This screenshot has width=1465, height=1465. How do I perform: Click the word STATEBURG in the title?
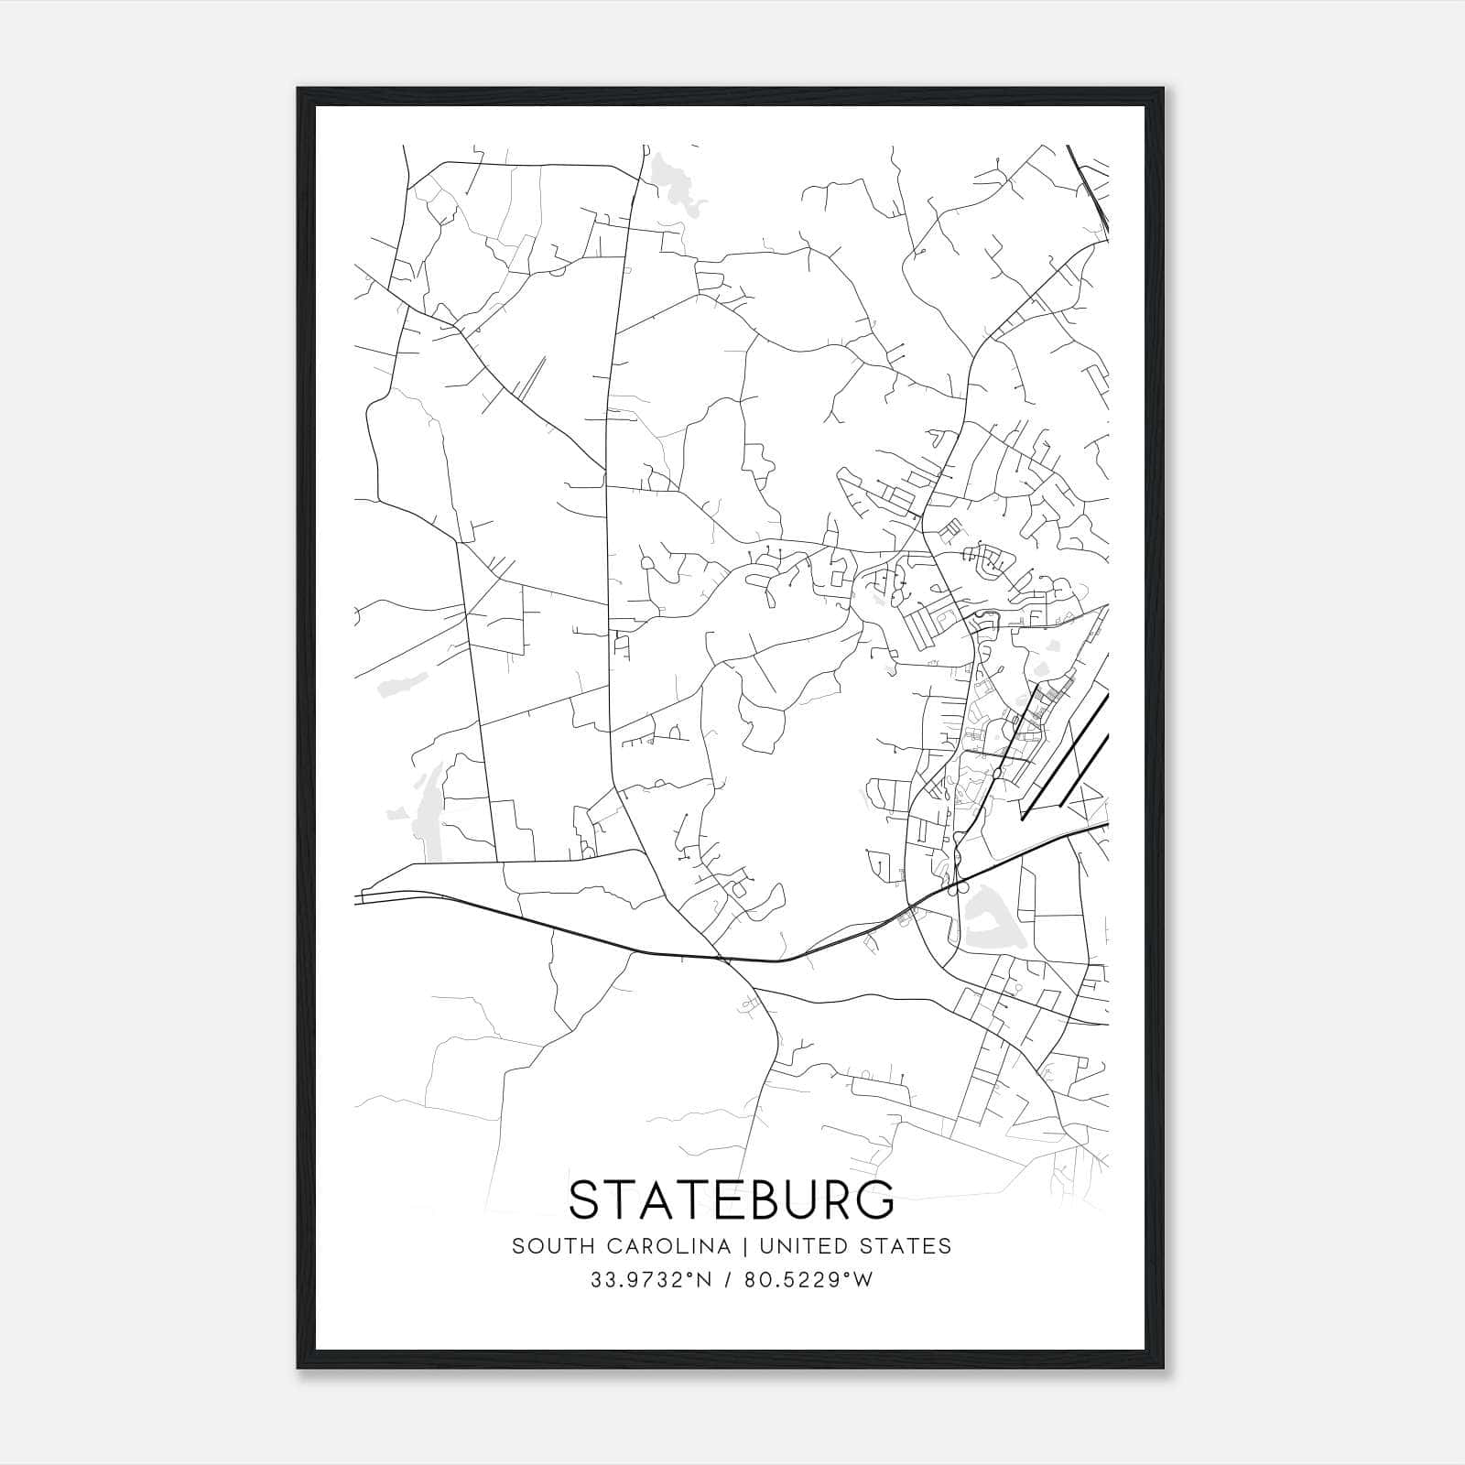[732, 1199]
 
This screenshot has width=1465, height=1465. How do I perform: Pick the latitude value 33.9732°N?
[651, 1280]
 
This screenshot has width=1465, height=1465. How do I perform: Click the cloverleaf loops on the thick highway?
[959, 874]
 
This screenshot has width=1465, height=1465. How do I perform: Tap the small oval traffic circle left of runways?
[996, 774]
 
